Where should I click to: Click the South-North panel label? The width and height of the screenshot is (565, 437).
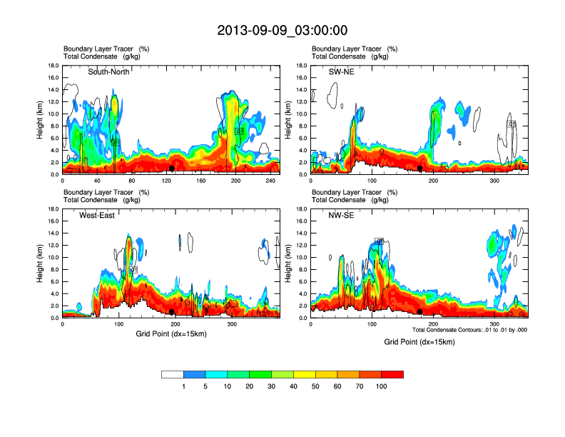click(109, 71)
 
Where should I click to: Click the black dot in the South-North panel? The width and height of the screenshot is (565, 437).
click(172, 169)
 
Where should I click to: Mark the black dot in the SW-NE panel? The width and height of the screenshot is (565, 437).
click(420, 169)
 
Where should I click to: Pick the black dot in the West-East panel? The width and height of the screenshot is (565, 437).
click(172, 312)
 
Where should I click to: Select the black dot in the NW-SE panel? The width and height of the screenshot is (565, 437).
click(420, 312)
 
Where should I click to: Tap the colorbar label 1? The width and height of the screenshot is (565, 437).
click(184, 386)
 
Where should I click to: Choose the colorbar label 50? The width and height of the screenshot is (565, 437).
click(316, 386)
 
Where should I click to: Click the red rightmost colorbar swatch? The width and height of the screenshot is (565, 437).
click(392, 374)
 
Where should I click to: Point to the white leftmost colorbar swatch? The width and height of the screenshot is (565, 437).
click(173, 374)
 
